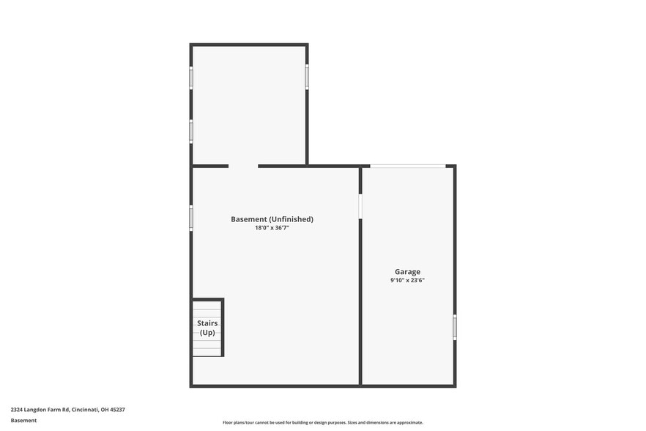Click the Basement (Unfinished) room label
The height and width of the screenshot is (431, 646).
point(272,219)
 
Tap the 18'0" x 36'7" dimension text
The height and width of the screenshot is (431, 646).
point(272,228)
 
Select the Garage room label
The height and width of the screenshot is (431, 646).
point(407,272)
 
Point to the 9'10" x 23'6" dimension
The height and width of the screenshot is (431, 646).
point(407,280)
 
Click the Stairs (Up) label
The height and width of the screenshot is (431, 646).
point(207,328)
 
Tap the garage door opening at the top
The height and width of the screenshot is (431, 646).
point(407,166)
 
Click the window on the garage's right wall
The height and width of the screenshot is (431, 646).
point(455,327)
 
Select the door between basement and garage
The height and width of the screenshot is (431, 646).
point(360,206)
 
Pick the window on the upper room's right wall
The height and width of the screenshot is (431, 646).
point(307,77)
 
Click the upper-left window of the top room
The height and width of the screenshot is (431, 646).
point(191,77)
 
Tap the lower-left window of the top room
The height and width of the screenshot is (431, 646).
point(191,131)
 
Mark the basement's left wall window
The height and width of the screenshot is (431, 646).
point(191,218)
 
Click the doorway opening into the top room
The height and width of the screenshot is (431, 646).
point(243,166)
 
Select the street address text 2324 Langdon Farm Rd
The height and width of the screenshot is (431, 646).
point(40,410)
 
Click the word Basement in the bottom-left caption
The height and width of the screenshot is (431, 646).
point(23,421)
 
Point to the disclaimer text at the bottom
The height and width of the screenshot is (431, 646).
point(322,422)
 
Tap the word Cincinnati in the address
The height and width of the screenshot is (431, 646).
point(87,410)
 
